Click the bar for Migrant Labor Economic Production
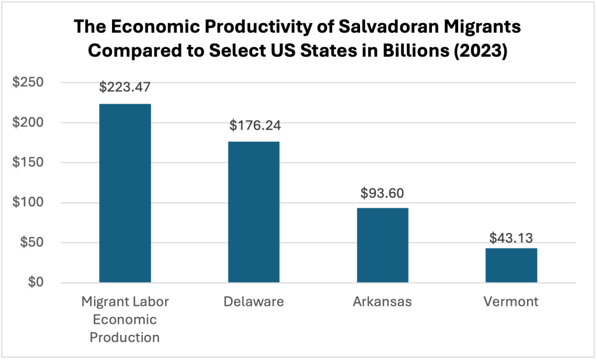(x=125, y=193)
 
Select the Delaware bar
(x=253, y=212)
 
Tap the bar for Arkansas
(x=382, y=245)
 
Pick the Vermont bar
(x=511, y=265)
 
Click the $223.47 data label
(x=125, y=88)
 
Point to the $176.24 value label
(x=253, y=125)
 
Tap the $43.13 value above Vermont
(x=511, y=237)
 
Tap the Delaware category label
(x=253, y=302)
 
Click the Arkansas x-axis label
(x=382, y=302)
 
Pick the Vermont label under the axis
(x=511, y=302)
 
